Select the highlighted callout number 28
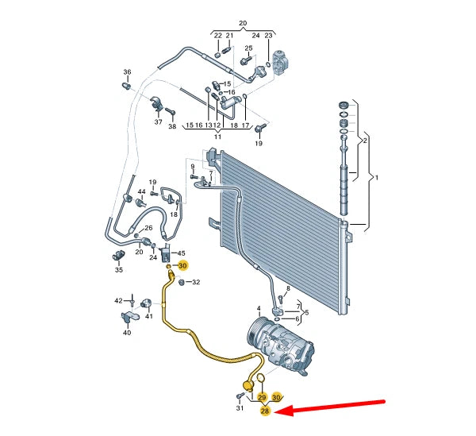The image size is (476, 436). (x=265, y=411)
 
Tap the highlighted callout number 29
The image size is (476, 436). (x=262, y=396)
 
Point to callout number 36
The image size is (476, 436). (x=126, y=73)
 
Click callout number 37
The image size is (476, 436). (x=158, y=123)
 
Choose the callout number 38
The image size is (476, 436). (x=172, y=126)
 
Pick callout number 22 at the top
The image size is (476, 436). (x=217, y=36)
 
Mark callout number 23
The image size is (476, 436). (x=268, y=36)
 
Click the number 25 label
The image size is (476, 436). (x=248, y=48)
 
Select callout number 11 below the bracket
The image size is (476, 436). (x=216, y=137)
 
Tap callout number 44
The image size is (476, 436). (x=141, y=192)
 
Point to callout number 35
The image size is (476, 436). (x=119, y=270)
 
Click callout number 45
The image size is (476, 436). (x=181, y=253)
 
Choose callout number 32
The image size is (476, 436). (x=196, y=283)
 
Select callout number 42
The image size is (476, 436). (x=118, y=300)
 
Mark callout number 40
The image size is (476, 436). (x=127, y=333)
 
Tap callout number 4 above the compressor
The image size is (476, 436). (x=258, y=307)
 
